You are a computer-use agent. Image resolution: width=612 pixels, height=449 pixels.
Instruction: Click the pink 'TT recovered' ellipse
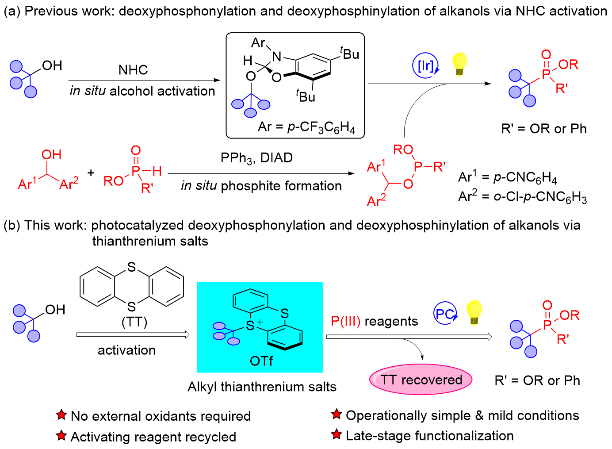[421, 380]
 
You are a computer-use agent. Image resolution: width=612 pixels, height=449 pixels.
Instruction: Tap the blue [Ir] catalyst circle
[425, 65]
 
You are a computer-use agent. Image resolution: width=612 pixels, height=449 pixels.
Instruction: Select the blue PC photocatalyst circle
[444, 314]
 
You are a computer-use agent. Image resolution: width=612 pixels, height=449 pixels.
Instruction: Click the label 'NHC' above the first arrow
[133, 70]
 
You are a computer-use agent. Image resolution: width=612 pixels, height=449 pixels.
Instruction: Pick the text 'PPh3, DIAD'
[256, 158]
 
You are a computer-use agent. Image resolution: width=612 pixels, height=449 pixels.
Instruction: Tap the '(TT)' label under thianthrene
[134, 322]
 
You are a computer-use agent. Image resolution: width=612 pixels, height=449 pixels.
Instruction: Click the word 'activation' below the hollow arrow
[126, 350]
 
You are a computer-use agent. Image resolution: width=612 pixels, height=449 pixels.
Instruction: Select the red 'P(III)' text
[346, 321]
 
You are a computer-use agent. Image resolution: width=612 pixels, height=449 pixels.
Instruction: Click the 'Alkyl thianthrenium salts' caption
[262, 387]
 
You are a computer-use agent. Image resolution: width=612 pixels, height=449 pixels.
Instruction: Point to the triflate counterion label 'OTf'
[261, 361]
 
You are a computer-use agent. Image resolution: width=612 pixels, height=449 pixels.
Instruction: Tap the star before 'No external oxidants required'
[61, 415]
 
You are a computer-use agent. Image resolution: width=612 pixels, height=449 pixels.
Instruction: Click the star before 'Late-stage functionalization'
[337, 435]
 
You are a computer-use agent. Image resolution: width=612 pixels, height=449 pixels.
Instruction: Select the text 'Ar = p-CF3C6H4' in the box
[306, 127]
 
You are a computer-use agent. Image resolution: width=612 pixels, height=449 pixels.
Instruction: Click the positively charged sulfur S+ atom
[250, 326]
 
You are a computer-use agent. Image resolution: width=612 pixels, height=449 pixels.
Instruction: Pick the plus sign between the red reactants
[91, 173]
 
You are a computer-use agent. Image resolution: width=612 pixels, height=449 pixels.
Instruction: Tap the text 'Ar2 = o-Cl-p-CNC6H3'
[522, 196]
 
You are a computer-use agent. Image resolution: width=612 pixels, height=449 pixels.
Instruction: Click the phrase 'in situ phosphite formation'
[261, 186]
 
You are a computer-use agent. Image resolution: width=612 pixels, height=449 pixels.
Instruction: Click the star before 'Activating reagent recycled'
[61, 436]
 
